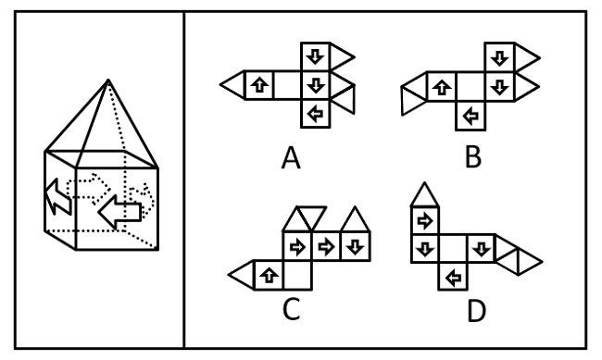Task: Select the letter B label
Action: [473, 157]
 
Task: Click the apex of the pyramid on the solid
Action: [110, 81]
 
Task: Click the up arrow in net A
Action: [260, 86]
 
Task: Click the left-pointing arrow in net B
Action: [472, 115]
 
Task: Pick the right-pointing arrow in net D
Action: [424, 220]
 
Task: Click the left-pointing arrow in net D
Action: [453, 276]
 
